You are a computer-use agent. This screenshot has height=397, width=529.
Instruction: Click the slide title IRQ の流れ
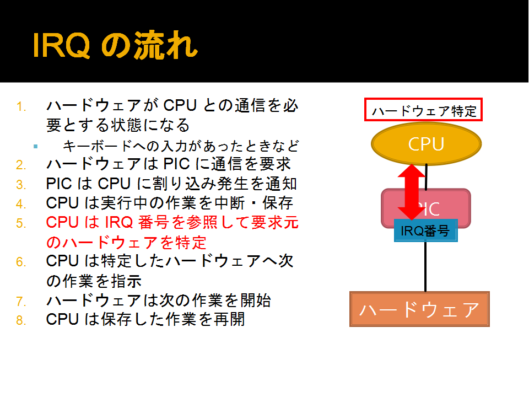[115, 45]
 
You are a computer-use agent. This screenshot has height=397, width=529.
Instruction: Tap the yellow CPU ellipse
[426, 144]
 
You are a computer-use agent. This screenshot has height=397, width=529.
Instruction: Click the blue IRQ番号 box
[426, 230]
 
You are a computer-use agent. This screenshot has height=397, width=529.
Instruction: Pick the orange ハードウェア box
[419, 309]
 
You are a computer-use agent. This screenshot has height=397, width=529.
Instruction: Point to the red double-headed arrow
[412, 192]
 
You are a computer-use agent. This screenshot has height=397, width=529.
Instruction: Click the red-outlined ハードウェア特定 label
[423, 110]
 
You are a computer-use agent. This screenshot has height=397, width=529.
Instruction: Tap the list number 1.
[21, 106]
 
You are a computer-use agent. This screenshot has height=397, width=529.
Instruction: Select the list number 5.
[21, 223]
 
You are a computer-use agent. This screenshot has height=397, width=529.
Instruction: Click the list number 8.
[21, 320]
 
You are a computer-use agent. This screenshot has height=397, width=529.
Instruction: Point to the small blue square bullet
[35, 147]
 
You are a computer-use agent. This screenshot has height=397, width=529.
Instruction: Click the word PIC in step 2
[177, 164]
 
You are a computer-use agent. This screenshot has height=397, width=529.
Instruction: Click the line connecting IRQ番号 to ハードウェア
[425, 267]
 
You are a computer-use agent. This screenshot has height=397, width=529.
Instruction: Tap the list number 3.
[21, 185]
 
